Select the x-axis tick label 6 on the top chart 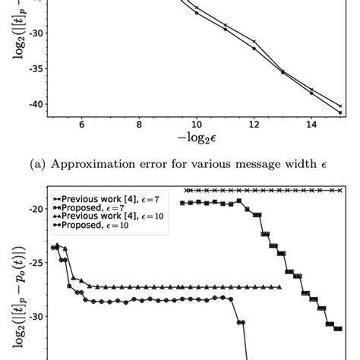pos(81,124)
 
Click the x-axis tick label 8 pos(139,124)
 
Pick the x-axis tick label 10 pos(197,124)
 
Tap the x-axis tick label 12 pos(254,124)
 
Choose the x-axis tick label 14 pos(312,124)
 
